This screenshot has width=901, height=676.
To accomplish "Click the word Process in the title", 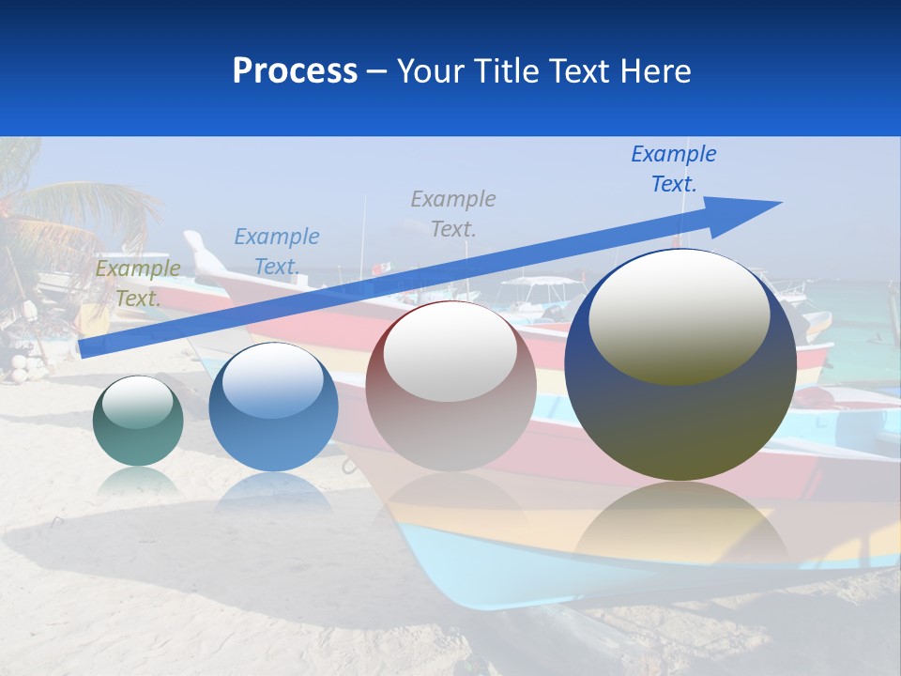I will point(295,71).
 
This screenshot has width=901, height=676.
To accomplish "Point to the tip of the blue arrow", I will point(779,203).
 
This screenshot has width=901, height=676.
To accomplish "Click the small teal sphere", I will point(138,421).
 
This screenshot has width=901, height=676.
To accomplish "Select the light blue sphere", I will point(273,407).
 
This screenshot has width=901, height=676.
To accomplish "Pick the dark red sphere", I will point(450,386).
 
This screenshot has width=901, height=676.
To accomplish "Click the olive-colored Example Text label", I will point(137,284).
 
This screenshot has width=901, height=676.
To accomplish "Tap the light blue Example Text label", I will point(276,252).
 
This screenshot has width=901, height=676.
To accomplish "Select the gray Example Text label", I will point(452,213).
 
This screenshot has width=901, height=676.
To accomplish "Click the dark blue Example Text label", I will point(673,168).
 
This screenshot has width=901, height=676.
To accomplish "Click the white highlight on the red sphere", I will point(450,349).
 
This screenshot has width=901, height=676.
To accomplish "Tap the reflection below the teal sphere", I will point(138,483).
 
